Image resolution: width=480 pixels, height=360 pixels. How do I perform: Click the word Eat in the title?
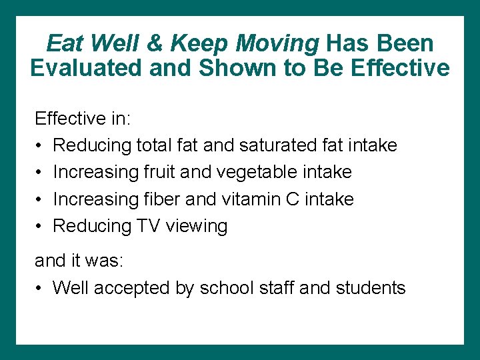(65, 44)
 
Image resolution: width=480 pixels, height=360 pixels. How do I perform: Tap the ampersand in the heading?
(154, 44)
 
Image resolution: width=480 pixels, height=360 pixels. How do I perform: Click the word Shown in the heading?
(217, 68)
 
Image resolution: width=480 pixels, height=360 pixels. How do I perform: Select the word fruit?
(159, 172)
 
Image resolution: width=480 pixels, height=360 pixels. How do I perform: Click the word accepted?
(123, 288)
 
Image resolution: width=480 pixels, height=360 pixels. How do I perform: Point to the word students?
(370, 288)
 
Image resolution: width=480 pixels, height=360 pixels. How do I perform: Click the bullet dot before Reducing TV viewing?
(40, 227)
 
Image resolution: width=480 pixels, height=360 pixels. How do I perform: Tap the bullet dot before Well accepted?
(40, 289)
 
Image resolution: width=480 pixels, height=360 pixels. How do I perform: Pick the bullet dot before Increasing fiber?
(40, 199)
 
